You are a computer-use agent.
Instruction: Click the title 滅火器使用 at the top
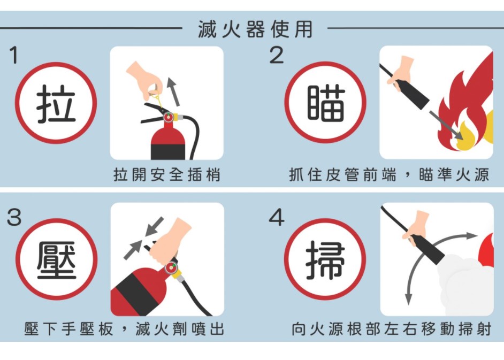255,29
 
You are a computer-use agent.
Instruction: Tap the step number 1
13,55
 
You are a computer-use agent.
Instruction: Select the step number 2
277,55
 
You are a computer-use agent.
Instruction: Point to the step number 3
14,217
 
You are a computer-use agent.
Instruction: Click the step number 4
277,217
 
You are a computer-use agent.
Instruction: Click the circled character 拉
56,103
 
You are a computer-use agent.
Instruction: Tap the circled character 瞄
326,103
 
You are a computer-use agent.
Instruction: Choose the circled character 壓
57,260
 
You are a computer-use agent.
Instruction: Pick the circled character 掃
325,260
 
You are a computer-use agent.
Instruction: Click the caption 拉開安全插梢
167,175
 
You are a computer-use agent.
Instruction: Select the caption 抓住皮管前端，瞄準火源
390,175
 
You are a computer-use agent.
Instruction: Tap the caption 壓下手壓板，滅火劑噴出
124,329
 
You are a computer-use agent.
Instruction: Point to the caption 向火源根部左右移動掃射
392,329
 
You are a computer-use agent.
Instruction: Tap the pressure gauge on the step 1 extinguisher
168,118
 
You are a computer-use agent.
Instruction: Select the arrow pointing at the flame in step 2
446,125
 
